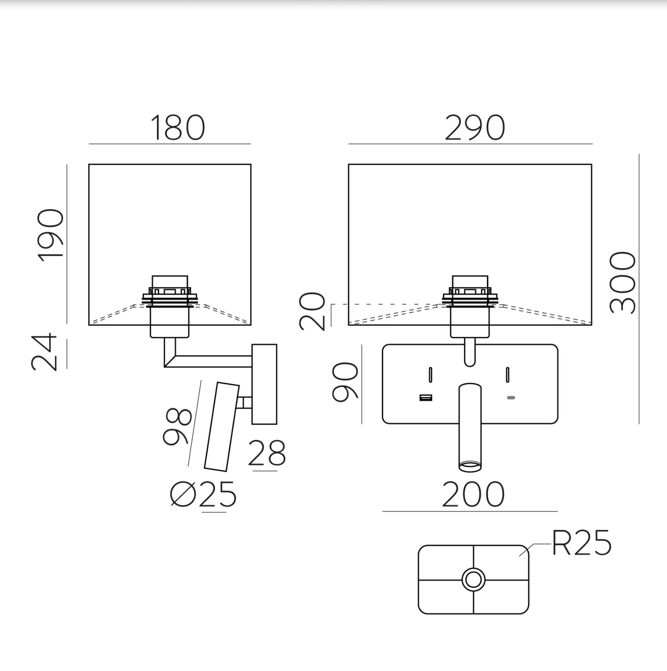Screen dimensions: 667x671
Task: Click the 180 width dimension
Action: (x=178, y=128)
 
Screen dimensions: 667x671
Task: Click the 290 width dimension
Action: (x=475, y=128)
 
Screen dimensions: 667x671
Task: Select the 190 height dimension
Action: (x=51, y=236)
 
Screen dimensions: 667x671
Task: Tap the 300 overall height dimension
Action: (x=623, y=283)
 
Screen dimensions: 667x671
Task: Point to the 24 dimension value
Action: (x=44, y=352)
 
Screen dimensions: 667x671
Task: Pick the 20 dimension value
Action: (x=312, y=311)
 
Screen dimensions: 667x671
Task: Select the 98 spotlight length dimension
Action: (x=177, y=426)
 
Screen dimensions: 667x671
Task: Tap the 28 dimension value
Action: (x=267, y=453)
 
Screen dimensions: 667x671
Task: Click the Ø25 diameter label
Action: (x=203, y=495)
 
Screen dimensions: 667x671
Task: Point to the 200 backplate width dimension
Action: (x=473, y=495)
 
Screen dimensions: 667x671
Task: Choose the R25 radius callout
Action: (x=582, y=543)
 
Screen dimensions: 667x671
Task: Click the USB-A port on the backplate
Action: (x=426, y=398)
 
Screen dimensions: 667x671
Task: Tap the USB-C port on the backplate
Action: (x=511, y=398)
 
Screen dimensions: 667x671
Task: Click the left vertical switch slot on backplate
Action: (x=431, y=375)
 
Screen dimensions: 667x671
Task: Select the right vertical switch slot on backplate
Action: (x=507, y=375)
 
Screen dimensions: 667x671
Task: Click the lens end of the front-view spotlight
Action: (x=470, y=466)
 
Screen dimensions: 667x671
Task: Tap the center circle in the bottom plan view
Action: (x=473, y=580)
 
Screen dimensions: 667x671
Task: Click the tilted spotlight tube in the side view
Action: (x=222, y=426)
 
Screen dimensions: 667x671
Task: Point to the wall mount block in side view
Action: (x=264, y=384)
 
